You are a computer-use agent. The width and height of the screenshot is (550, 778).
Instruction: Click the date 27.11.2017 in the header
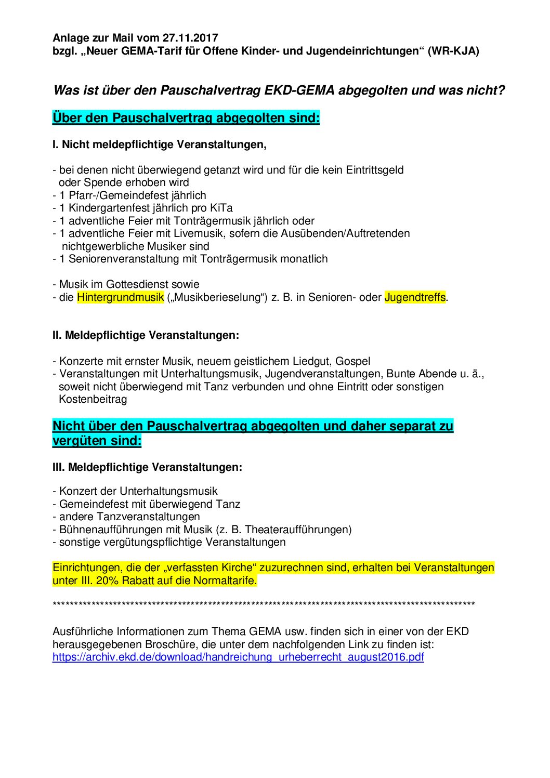click(x=190, y=38)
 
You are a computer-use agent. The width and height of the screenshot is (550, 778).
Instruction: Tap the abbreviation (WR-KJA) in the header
click(x=453, y=51)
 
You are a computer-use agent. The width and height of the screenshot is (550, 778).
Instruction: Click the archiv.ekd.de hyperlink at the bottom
click(x=238, y=657)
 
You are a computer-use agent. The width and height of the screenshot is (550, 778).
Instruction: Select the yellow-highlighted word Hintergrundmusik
click(x=121, y=297)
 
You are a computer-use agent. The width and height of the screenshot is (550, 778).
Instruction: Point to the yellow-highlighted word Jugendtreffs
click(x=415, y=297)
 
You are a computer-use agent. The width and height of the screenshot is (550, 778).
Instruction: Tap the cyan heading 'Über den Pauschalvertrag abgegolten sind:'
click(x=186, y=118)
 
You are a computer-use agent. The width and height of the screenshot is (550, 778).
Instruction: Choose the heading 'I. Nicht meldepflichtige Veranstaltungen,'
click(x=160, y=144)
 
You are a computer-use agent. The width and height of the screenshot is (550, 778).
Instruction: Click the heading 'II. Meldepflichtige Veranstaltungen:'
click(x=146, y=335)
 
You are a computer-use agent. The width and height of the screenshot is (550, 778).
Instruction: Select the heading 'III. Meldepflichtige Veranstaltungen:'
click(x=148, y=467)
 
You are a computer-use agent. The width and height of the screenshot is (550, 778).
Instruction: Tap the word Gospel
click(x=353, y=361)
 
